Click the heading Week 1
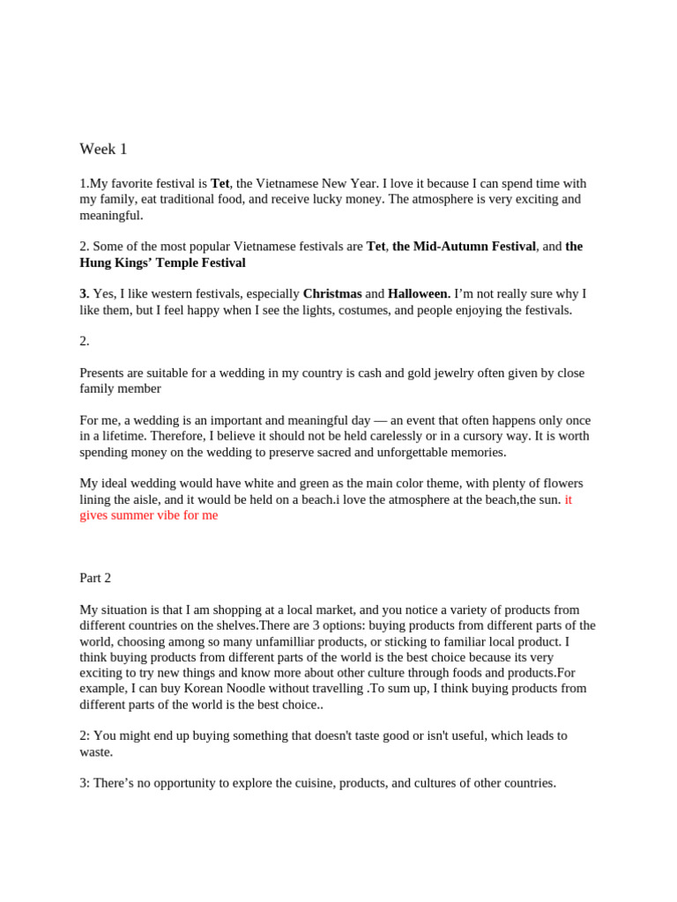pyautogui.click(x=103, y=150)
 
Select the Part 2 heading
pyautogui.click(x=95, y=578)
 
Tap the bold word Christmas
pyautogui.click(x=332, y=293)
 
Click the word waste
pyautogui.click(x=96, y=751)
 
